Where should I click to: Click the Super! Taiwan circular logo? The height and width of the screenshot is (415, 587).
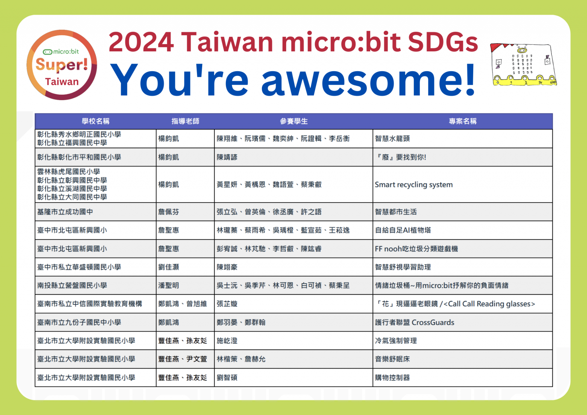(x=62, y=65)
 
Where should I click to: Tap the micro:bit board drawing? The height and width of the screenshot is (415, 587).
(x=523, y=64)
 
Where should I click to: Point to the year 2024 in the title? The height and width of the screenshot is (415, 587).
(x=141, y=42)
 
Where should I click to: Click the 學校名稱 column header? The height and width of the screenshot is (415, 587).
(x=95, y=121)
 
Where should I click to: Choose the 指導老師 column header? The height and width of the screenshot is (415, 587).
(x=185, y=121)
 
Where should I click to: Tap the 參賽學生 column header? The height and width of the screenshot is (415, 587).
(x=293, y=121)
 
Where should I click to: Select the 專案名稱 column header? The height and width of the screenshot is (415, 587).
(x=463, y=121)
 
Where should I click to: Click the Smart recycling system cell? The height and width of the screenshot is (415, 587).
(x=413, y=185)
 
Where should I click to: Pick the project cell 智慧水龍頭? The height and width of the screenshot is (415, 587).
(x=392, y=138)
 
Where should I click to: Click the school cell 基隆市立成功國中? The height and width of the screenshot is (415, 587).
(x=65, y=212)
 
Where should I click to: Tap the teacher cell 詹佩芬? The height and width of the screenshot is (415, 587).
(x=168, y=212)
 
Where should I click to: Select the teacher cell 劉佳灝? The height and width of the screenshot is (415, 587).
(x=168, y=267)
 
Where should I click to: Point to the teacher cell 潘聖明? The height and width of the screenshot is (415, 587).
(x=168, y=285)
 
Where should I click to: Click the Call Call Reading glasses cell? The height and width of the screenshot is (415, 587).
(x=455, y=304)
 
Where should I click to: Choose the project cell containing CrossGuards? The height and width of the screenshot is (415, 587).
(x=415, y=323)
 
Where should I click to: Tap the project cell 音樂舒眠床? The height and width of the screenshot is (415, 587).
(x=392, y=359)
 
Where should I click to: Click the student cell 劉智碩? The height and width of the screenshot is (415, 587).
(x=227, y=378)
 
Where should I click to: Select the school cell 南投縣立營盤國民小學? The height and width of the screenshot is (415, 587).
(x=72, y=285)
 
